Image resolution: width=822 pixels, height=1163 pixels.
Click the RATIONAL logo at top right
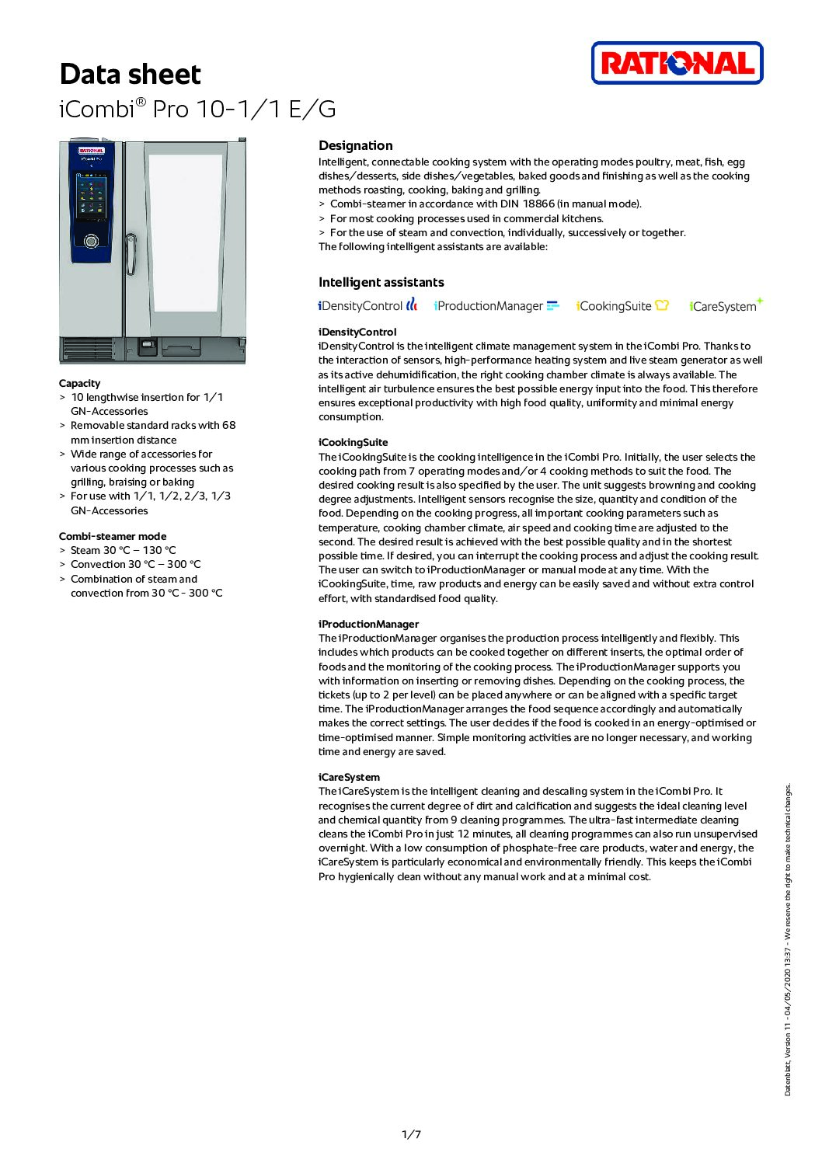coord(677,63)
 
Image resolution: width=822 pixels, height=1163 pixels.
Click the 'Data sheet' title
coord(130,75)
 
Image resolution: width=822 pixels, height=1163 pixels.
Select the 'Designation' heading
coord(355,145)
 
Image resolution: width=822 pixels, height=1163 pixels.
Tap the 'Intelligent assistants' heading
coord(381,282)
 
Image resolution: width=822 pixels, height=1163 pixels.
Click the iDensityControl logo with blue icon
coord(367,306)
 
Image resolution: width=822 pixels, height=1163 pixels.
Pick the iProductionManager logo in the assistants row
coord(496,306)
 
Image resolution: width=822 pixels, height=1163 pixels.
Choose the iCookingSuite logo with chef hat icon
coord(622,306)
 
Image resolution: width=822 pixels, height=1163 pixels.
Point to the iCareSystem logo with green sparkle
coord(726,305)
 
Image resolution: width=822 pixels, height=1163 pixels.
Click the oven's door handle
coord(131,253)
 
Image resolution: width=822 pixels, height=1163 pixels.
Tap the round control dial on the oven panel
coord(91,241)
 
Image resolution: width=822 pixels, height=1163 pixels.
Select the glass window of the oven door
coord(185,233)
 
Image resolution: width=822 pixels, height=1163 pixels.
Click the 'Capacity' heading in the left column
coord(79,383)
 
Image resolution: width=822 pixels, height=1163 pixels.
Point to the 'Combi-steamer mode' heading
coord(112,536)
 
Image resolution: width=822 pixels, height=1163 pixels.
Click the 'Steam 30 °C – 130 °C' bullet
coord(123,550)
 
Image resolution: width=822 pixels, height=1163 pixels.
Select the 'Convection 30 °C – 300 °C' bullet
coord(135,564)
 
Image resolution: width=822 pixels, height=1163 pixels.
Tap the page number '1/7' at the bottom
coord(411,1134)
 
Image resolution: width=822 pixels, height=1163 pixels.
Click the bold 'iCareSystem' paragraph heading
coord(349,777)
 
